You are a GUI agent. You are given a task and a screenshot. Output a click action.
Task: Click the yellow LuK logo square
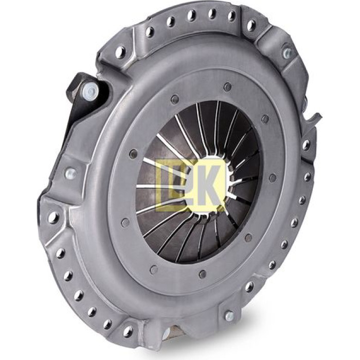tap(190, 185)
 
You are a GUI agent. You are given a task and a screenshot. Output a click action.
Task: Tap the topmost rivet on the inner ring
tap(227, 86)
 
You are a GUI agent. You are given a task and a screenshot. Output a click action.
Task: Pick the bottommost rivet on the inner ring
tap(203, 274)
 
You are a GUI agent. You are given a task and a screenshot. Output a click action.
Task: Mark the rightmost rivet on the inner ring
tap(273, 177)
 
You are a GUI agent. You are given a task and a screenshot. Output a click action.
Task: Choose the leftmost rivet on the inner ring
tap(125, 222)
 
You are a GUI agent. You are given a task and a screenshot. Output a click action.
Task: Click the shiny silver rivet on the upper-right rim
tap(288, 53)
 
